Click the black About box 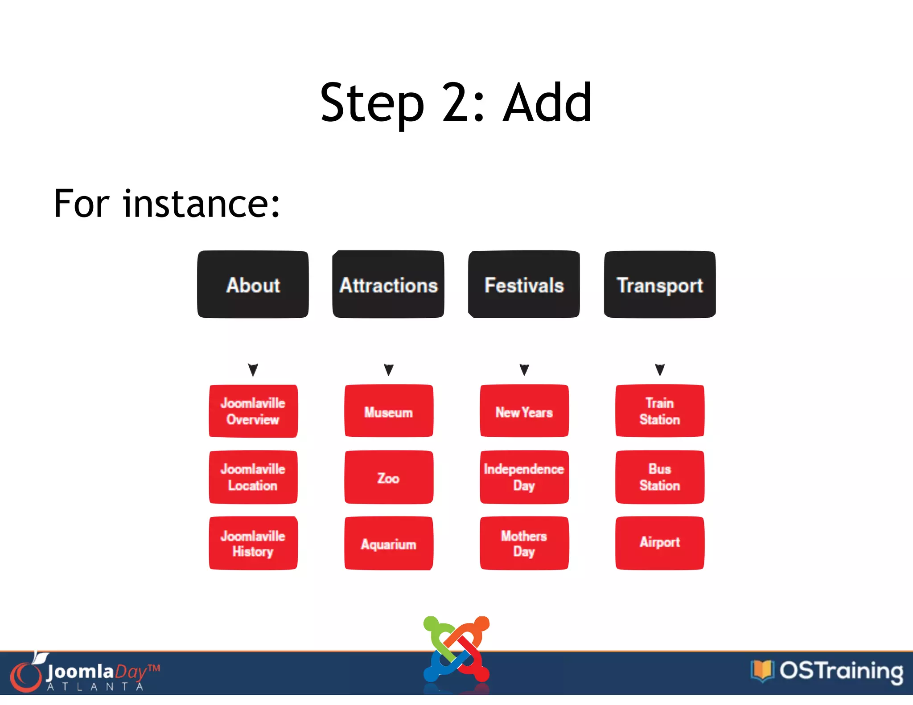click(x=253, y=284)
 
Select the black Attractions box click(x=388, y=284)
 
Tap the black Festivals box click(x=524, y=284)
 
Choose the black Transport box click(x=660, y=284)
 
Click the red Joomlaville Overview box click(x=253, y=411)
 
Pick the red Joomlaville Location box click(x=253, y=477)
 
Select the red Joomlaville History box click(x=253, y=543)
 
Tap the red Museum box click(x=389, y=411)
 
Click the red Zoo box click(x=389, y=477)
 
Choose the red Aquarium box click(x=389, y=543)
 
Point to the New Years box click(x=524, y=411)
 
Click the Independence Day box click(x=524, y=477)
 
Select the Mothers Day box click(x=524, y=543)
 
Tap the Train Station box click(x=660, y=411)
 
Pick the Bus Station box click(x=660, y=477)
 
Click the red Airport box click(x=660, y=543)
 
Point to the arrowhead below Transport click(x=660, y=369)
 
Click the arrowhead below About click(x=253, y=369)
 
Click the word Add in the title click(x=547, y=103)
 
